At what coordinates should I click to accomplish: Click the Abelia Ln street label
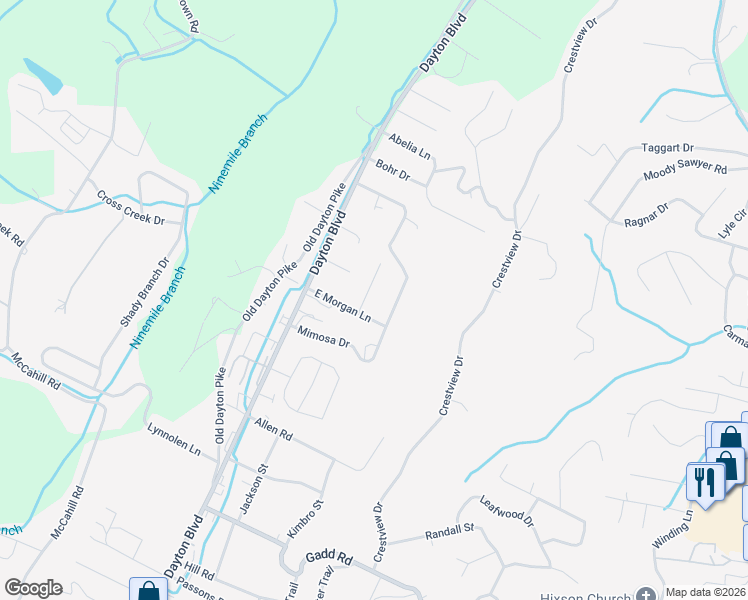pyautogui.click(x=410, y=147)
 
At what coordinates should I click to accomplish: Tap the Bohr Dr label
pyautogui.click(x=392, y=170)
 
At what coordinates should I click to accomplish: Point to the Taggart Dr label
pyautogui.click(x=668, y=147)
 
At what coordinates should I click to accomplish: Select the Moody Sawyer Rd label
pyautogui.click(x=685, y=169)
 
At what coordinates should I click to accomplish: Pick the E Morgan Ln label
pyautogui.click(x=343, y=306)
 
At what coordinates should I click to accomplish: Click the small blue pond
pyautogui.click(x=42, y=73)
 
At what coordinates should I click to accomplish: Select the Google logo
pyautogui.click(x=33, y=588)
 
